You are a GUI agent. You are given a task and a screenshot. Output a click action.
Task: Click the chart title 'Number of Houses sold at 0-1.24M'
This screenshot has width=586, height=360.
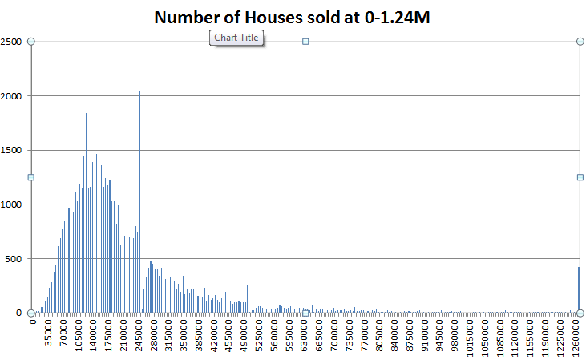click(x=293, y=18)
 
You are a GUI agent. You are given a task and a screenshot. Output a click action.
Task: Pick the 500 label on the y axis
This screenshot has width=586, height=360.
click(x=15, y=258)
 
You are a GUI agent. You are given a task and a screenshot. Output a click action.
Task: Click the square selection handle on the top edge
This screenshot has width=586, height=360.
click(x=305, y=42)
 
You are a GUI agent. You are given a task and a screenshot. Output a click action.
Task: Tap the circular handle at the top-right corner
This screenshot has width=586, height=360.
click(x=580, y=42)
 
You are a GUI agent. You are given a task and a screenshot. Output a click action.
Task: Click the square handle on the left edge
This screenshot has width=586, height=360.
click(x=31, y=177)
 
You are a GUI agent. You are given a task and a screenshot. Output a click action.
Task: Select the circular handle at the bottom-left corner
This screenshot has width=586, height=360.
click(x=31, y=313)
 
